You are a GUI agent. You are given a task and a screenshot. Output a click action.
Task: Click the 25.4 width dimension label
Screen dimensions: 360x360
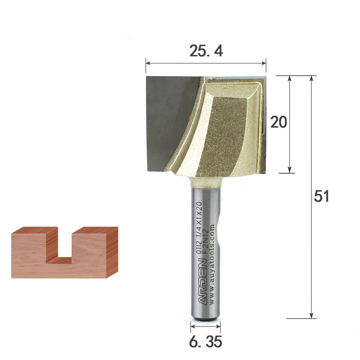tap(206, 51)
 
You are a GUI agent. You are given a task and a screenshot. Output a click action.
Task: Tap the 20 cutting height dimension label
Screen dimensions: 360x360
tap(279, 122)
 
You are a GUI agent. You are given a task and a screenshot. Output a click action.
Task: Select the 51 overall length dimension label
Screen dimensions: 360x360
tap(321, 196)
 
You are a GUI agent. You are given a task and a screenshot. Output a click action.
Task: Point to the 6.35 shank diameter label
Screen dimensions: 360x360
tap(206, 342)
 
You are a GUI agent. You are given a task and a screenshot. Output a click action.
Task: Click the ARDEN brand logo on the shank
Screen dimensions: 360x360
tap(203, 282)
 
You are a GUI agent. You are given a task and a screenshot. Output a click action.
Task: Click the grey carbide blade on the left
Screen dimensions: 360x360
tap(171, 124)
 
